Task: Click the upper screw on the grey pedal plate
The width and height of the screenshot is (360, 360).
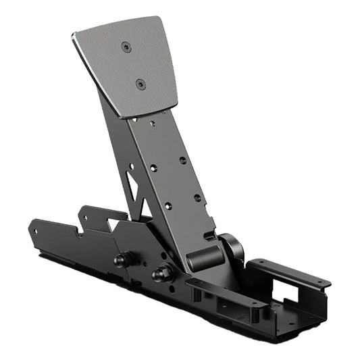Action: pos(126,47)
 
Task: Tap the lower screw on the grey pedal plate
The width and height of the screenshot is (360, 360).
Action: pos(140,84)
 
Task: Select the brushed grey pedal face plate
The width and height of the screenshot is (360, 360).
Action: pos(128,68)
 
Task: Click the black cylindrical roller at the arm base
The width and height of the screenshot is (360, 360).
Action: pos(203,259)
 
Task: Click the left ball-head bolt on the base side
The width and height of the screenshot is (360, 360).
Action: pos(122,259)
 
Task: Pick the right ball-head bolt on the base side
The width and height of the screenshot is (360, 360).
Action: pos(162,274)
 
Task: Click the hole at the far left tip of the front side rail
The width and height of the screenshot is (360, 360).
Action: pos(33,229)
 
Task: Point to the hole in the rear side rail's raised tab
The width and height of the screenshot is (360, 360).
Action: pos(86,217)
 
